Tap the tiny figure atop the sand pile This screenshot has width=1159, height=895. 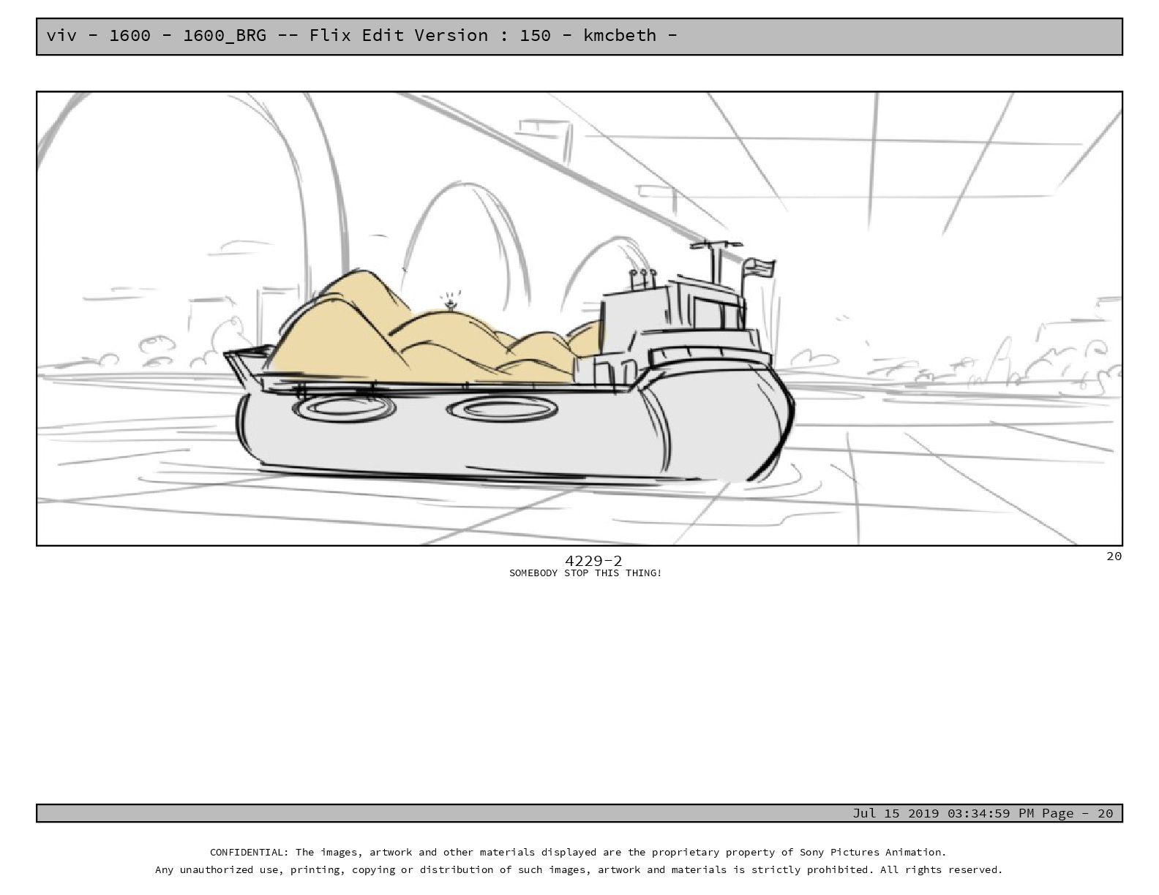pyautogui.click(x=451, y=305)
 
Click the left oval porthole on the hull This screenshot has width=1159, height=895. pyautogui.click(x=344, y=409)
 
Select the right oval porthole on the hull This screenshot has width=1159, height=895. pyautogui.click(x=502, y=410)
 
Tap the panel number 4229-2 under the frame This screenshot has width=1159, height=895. pyautogui.click(x=593, y=561)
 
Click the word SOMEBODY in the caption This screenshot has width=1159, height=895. pyautogui.click(x=533, y=573)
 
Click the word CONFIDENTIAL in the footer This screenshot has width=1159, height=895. pyautogui.click(x=248, y=853)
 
